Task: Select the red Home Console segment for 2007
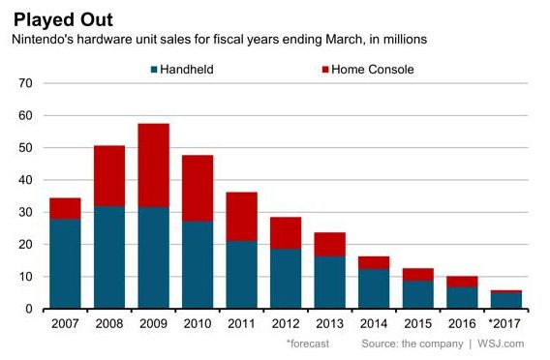coord(65,208)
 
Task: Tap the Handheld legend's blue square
coord(154,69)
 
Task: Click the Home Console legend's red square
coord(324,69)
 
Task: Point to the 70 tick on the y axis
coord(26,84)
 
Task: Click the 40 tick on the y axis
coord(26,180)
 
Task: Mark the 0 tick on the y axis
coord(30,309)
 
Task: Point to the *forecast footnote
coord(307,344)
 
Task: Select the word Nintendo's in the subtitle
coord(46,40)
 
